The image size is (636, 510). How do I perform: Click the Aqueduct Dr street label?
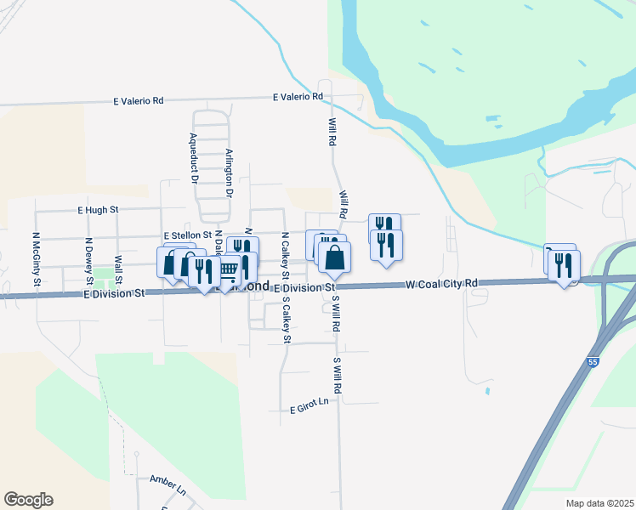(194, 159)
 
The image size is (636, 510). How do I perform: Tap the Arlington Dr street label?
(229, 173)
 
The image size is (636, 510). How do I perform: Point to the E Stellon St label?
(186, 235)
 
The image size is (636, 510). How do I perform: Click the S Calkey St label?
(287, 320)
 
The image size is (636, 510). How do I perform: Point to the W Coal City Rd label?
(442, 284)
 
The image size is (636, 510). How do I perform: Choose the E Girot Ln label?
(309, 409)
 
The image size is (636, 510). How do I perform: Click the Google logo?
(28, 500)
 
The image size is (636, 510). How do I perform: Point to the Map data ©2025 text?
(599, 503)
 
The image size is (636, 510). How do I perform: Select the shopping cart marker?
(228, 270)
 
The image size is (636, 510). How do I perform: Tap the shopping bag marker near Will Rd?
(335, 257)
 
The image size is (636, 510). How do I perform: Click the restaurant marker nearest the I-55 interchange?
(563, 265)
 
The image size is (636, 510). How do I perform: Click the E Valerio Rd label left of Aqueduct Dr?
(139, 100)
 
